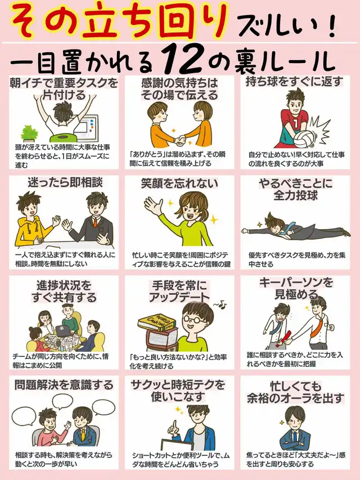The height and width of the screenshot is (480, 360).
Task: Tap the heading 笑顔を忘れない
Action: coord(179,183)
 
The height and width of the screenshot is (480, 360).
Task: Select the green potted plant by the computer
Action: coord(29,133)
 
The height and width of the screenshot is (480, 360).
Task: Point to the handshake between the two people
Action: coord(181,141)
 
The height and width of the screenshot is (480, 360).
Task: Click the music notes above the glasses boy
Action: coord(220,304)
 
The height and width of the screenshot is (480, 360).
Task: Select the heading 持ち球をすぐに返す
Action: coord(294,82)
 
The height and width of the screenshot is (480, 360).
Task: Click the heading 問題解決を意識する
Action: coord(64,385)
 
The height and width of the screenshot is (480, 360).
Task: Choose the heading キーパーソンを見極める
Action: coord(296,288)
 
